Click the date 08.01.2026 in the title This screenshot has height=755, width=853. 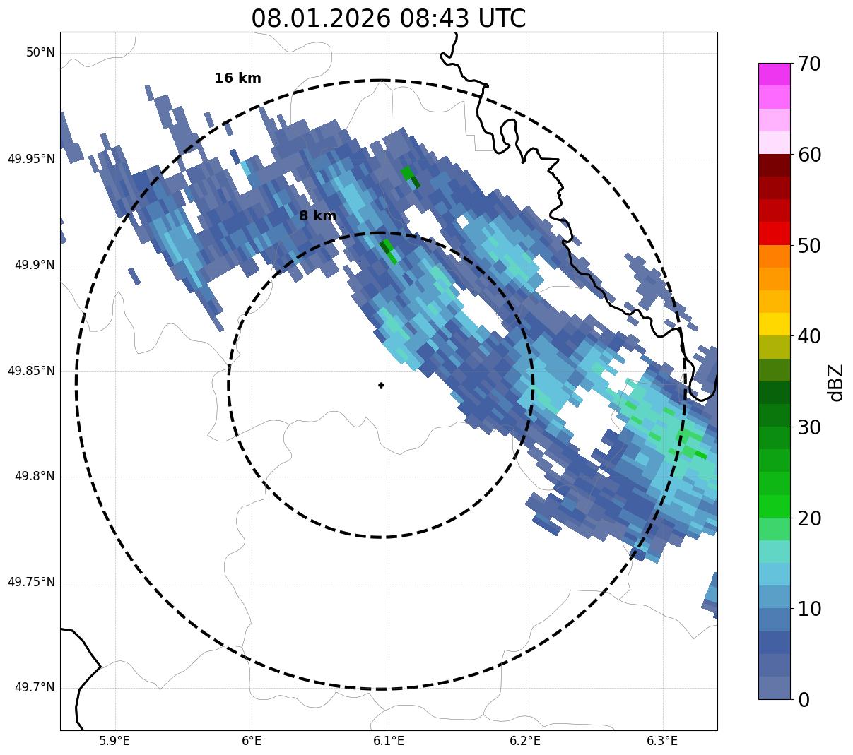point(320,18)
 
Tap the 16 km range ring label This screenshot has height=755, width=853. point(237,78)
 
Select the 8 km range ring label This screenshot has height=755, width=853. point(317,216)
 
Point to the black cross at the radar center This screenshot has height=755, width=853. point(381,386)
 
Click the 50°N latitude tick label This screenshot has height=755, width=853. point(40,53)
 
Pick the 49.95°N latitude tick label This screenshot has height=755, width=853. point(31,159)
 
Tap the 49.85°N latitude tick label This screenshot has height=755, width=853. point(31,371)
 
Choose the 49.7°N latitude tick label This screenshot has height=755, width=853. point(34,688)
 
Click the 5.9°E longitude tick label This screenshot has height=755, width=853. point(114,741)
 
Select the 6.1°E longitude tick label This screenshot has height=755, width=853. point(389,741)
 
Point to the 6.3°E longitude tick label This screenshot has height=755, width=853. point(662,741)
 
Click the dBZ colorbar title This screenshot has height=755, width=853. point(837,383)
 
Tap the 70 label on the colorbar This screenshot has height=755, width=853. point(809,64)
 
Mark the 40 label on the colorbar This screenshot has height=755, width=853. point(809,336)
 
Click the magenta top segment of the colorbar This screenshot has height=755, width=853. point(774,74)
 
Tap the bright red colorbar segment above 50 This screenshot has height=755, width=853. point(774,234)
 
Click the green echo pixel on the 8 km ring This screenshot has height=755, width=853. point(388,251)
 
